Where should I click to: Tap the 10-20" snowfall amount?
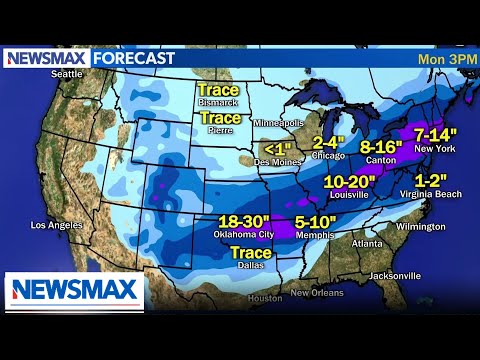[x=351, y=182]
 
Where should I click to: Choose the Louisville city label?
[x=351, y=196]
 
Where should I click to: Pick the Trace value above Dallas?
[x=251, y=254]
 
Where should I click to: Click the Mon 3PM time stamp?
[x=442, y=58]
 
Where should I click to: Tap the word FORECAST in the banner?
[x=134, y=58]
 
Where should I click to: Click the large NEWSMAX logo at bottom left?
[x=75, y=291]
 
